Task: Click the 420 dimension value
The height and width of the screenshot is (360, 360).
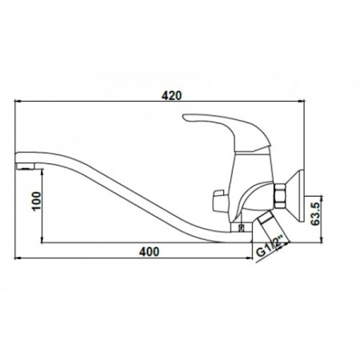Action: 171,95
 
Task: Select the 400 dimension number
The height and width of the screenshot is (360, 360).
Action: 150,251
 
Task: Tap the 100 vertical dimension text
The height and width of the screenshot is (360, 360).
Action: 37,201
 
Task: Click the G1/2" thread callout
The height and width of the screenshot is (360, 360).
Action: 270,246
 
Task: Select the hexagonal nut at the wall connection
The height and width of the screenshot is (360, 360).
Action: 280,196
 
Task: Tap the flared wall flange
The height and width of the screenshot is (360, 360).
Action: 295,196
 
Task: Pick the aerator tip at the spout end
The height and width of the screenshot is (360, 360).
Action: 25,167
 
